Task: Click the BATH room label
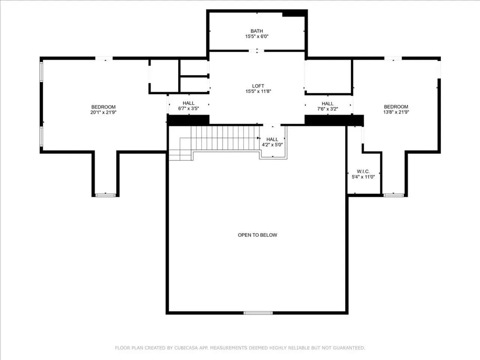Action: click(257, 31)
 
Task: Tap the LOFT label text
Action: click(258, 86)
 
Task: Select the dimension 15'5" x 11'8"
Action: click(258, 91)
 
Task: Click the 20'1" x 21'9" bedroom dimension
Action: click(103, 112)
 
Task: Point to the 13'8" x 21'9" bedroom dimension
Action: click(396, 112)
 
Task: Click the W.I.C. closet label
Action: click(363, 171)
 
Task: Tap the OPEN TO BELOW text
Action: click(257, 235)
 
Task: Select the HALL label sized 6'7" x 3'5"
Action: click(189, 103)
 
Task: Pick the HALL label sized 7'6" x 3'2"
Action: click(328, 103)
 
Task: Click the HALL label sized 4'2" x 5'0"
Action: click(272, 139)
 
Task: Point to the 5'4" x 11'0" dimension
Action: click(363, 177)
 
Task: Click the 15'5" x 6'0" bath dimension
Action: click(257, 36)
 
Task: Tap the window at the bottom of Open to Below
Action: click(258, 313)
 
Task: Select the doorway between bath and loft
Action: click(256, 51)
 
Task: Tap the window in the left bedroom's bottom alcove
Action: click(105, 195)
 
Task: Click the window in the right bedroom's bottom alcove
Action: click(394, 195)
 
